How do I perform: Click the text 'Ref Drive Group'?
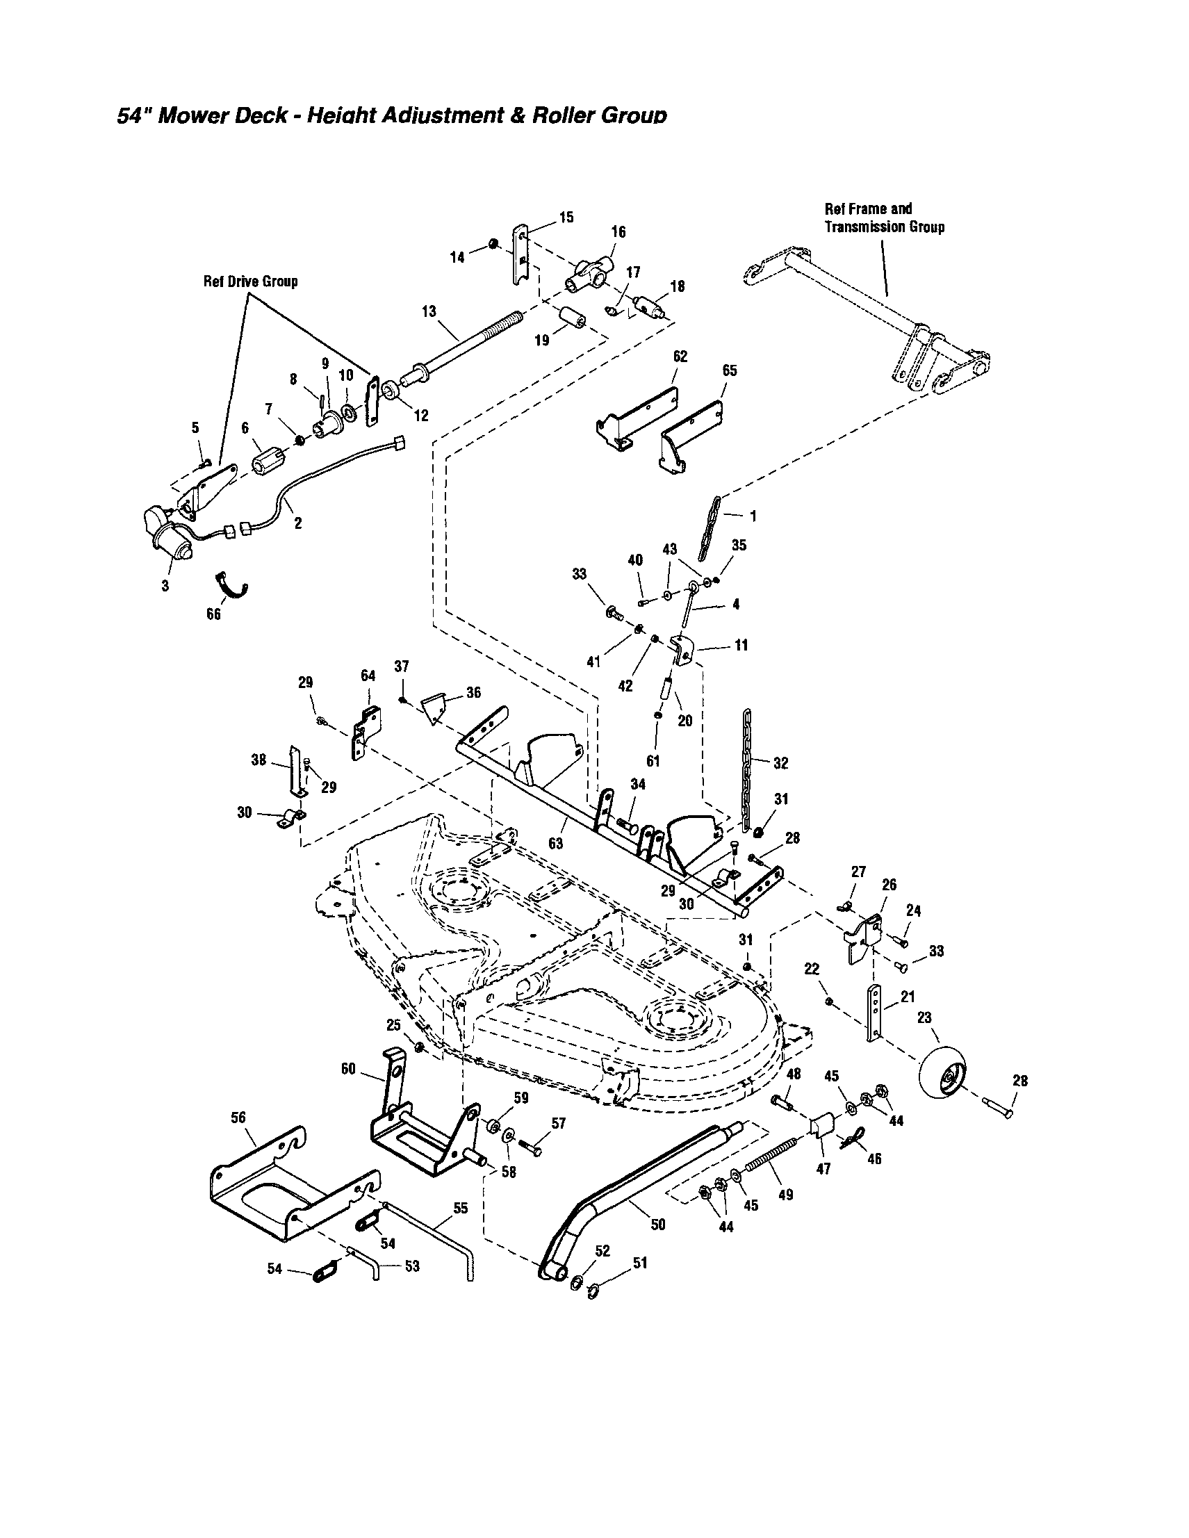251,281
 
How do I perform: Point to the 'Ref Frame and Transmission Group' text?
884,218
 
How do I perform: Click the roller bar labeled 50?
634,1187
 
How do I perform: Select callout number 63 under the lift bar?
555,843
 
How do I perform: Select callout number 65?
729,370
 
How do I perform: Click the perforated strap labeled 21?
873,1014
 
